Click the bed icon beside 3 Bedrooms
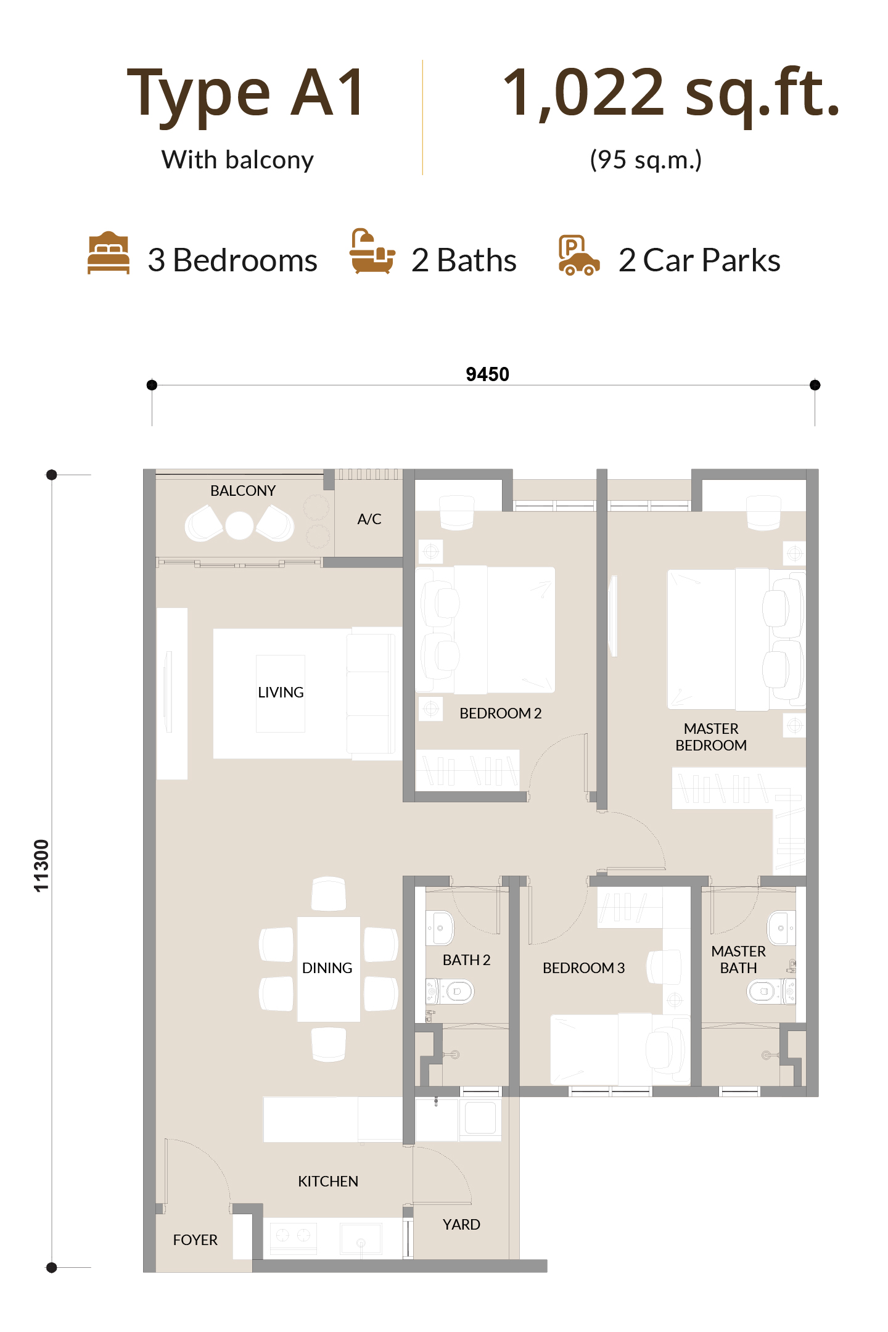tap(109, 252)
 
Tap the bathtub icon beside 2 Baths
tap(372, 251)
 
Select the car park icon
tap(578, 255)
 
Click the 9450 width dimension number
tap(487, 374)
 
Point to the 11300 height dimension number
tap(41, 866)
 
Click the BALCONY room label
tap(243, 491)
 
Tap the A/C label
tap(369, 519)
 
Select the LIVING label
tap(281, 693)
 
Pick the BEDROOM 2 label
tap(500, 713)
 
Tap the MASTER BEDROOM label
tap(711, 737)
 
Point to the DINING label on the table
tap(327, 968)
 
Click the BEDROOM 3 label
tap(583, 968)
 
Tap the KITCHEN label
tap(328, 1182)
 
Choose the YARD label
tap(461, 1225)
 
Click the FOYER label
tap(195, 1240)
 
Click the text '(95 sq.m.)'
tap(646, 160)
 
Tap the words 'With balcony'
tap(237, 160)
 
